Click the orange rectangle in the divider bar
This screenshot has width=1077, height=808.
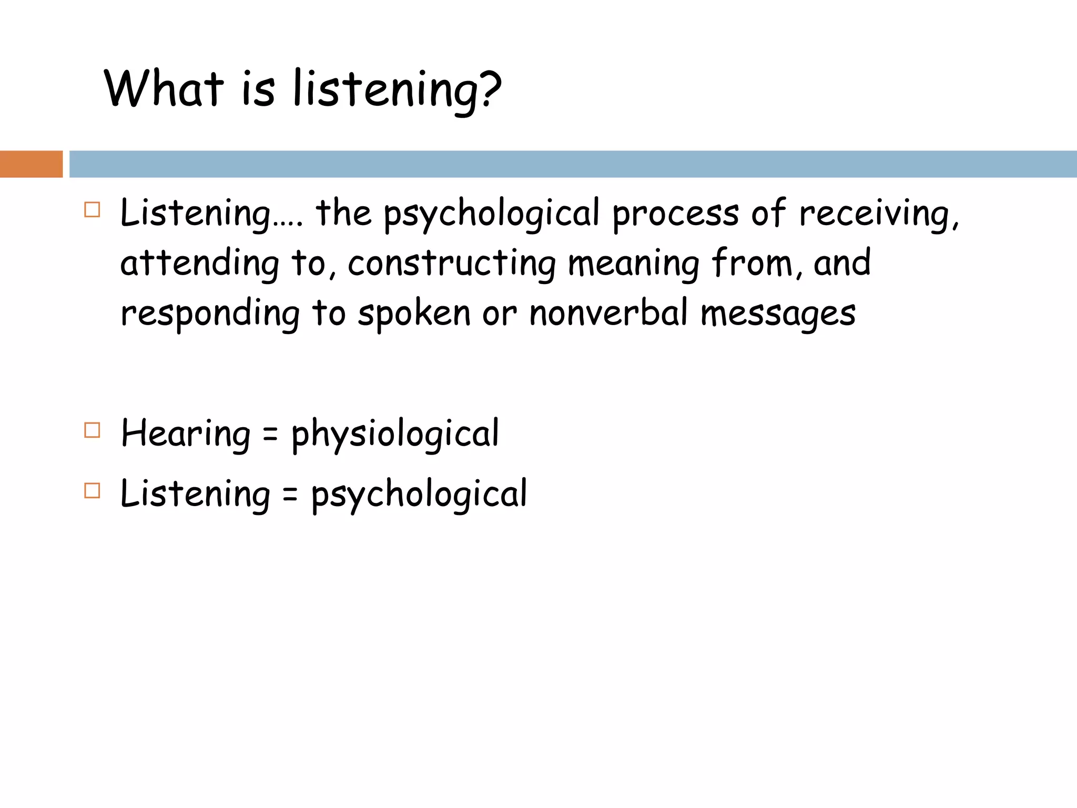click(x=31, y=164)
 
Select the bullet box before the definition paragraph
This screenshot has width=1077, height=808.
click(x=92, y=210)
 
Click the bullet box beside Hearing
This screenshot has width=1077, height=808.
click(x=92, y=430)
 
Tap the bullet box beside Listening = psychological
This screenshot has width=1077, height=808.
click(x=92, y=491)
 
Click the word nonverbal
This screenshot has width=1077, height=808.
click(x=608, y=312)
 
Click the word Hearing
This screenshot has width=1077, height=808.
click(x=186, y=434)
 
